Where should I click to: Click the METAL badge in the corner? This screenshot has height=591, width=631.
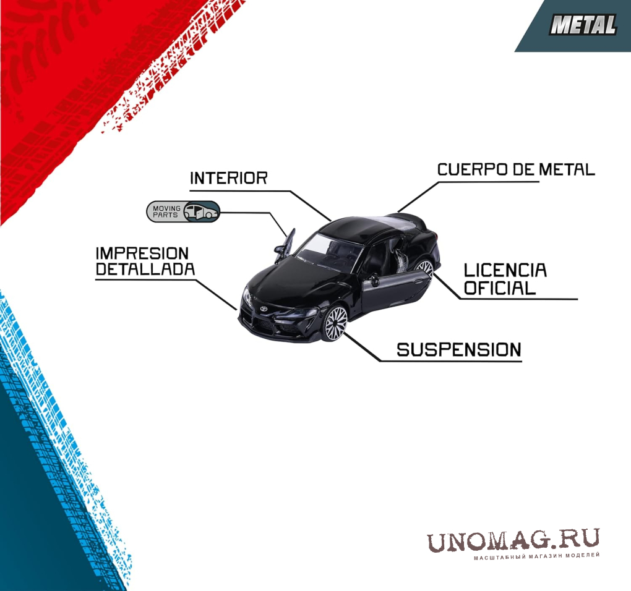point(583,25)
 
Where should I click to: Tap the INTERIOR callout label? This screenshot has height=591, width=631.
point(228,178)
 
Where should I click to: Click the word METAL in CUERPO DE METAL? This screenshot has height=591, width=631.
point(567,169)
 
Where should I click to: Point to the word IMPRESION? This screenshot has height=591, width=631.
point(142,253)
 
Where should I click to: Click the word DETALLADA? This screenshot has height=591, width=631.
point(145,269)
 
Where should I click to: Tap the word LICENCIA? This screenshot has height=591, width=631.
point(505,270)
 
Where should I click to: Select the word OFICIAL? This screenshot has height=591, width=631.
point(500,288)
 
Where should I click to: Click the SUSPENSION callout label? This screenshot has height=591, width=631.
point(459,350)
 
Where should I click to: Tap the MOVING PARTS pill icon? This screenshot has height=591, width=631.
point(183,211)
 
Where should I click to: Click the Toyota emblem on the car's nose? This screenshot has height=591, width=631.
point(264,308)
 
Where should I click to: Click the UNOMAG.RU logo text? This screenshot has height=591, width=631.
point(513,540)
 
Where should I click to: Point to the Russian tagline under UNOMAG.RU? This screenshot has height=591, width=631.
point(536,556)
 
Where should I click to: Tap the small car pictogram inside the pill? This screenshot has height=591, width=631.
point(201,211)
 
